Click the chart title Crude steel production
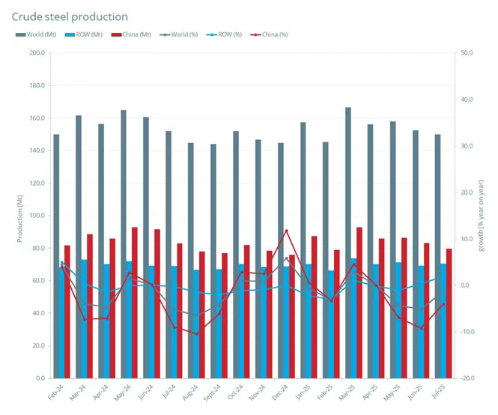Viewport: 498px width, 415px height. pos(70,16)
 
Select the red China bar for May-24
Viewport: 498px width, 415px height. pos(134,300)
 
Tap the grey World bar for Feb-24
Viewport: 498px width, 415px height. pos(56,255)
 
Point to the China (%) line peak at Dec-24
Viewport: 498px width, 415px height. pos(286,231)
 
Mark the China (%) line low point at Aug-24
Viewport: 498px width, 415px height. pos(197,334)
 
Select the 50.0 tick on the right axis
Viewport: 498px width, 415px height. pos(467,53)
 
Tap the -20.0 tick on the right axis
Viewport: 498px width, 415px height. pos(467,379)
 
